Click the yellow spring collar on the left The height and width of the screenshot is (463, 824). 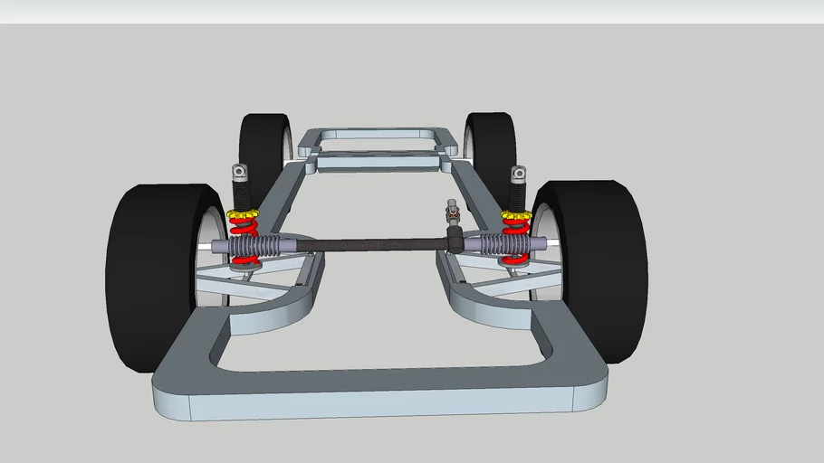[x=242, y=218]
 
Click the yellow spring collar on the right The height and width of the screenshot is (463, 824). [x=516, y=217]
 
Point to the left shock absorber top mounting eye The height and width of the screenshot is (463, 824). [x=240, y=171]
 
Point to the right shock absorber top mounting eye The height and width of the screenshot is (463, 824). [x=518, y=172]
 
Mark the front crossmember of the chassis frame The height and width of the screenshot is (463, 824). [x=380, y=384]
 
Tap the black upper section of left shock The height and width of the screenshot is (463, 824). [x=241, y=195]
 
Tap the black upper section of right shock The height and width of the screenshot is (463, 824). [x=517, y=195]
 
